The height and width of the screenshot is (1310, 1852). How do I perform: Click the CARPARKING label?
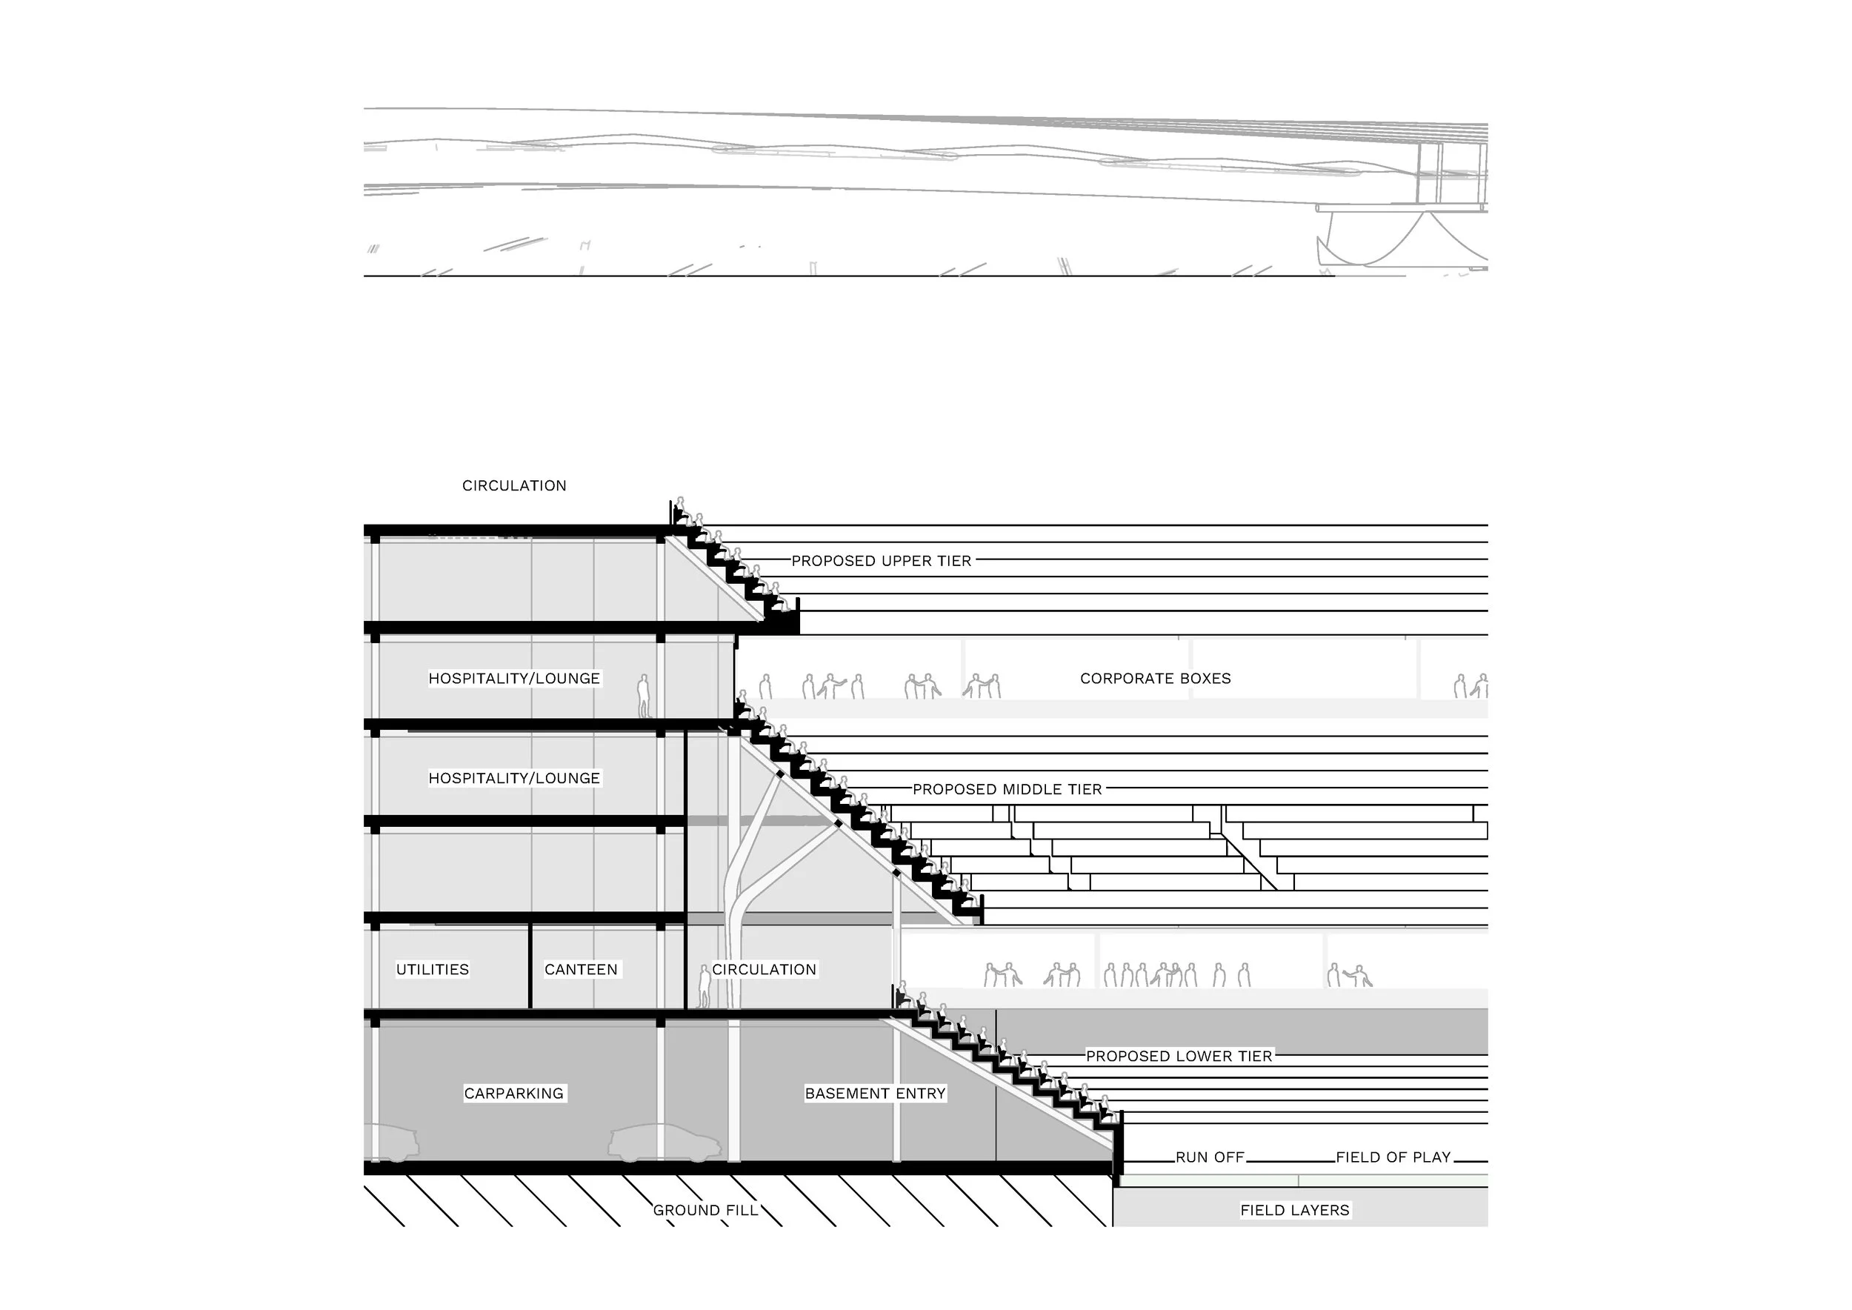point(514,1093)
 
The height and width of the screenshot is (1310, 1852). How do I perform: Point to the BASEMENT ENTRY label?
point(875,1093)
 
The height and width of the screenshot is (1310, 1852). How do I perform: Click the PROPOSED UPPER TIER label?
point(881,561)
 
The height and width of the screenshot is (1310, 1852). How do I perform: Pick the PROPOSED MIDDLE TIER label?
point(1007,789)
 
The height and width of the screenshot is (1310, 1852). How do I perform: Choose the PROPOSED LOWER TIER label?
point(1179,1056)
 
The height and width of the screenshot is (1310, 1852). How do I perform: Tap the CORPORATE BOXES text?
point(1155,679)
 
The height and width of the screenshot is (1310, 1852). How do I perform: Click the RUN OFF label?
point(1210,1157)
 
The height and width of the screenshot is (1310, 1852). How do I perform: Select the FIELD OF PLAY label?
point(1393,1157)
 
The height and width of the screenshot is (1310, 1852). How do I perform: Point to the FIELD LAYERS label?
point(1295,1210)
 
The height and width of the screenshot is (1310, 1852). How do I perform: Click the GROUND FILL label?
point(706,1210)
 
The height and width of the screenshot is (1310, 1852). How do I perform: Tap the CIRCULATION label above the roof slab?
point(514,485)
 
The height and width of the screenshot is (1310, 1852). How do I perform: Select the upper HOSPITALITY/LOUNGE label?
point(514,679)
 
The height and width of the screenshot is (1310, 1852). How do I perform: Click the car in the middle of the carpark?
point(664,1144)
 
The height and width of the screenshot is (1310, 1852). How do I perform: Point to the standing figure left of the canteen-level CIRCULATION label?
point(705,986)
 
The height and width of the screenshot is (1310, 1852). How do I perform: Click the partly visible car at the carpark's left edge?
point(393,1144)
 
